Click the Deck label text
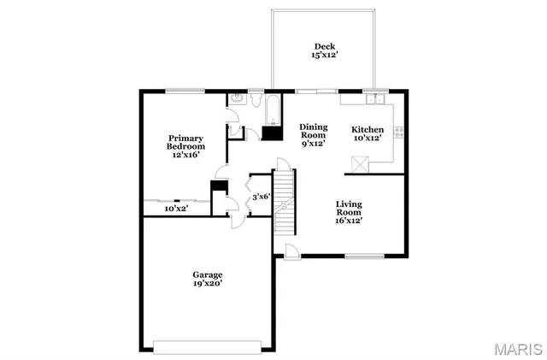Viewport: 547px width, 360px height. pos(325,50)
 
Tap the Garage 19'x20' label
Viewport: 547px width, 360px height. pos(207,279)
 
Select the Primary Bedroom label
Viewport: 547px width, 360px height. pos(186,147)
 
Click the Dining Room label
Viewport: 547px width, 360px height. pos(313,135)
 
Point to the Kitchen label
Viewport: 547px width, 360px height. pos(368,135)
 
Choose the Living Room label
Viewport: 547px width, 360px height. pos(348,211)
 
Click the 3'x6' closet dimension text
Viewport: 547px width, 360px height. pos(261,197)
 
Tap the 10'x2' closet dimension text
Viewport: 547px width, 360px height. pos(175,208)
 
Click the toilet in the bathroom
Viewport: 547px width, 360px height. pos(235,102)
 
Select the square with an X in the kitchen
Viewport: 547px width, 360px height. pos(359,163)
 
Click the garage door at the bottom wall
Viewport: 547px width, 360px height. pos(207,346)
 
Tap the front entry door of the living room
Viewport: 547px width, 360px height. pos(292,251)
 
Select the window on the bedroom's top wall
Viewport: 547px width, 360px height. pos(185,90)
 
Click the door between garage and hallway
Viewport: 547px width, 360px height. pos(237,221)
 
